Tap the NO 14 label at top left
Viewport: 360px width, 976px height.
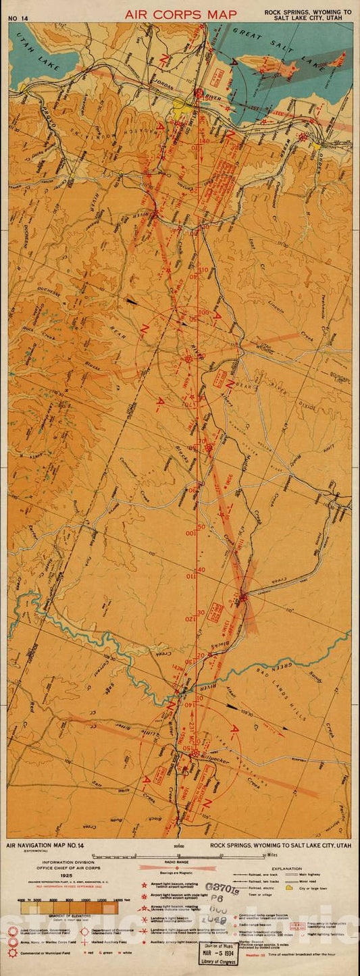click(x=18, y=18)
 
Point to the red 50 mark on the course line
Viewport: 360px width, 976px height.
click(x=201, y=526)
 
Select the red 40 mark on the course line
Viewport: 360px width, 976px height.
click(x=201, y=569)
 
